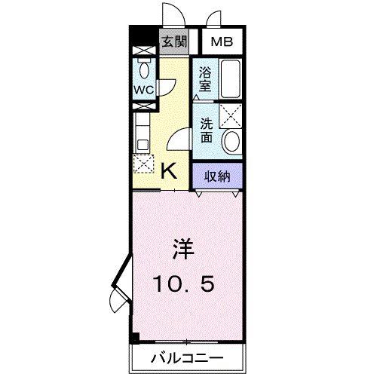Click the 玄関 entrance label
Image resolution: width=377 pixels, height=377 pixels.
[x=173, y=42]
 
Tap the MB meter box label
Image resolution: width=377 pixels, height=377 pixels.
[x=221, y=42]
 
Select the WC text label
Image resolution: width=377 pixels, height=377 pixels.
[x=144, y=89]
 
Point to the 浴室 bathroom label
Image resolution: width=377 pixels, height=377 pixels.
[x=205, y=79]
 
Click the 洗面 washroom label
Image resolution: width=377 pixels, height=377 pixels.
[x=205, y=130]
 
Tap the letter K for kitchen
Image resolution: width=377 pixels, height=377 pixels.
[x=170, y=171]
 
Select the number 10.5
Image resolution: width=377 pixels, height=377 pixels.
[x=185, y=284]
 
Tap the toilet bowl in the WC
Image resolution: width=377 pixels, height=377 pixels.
[x=143, y=69]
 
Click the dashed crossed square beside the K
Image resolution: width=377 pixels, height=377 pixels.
[x=143, y=165]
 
